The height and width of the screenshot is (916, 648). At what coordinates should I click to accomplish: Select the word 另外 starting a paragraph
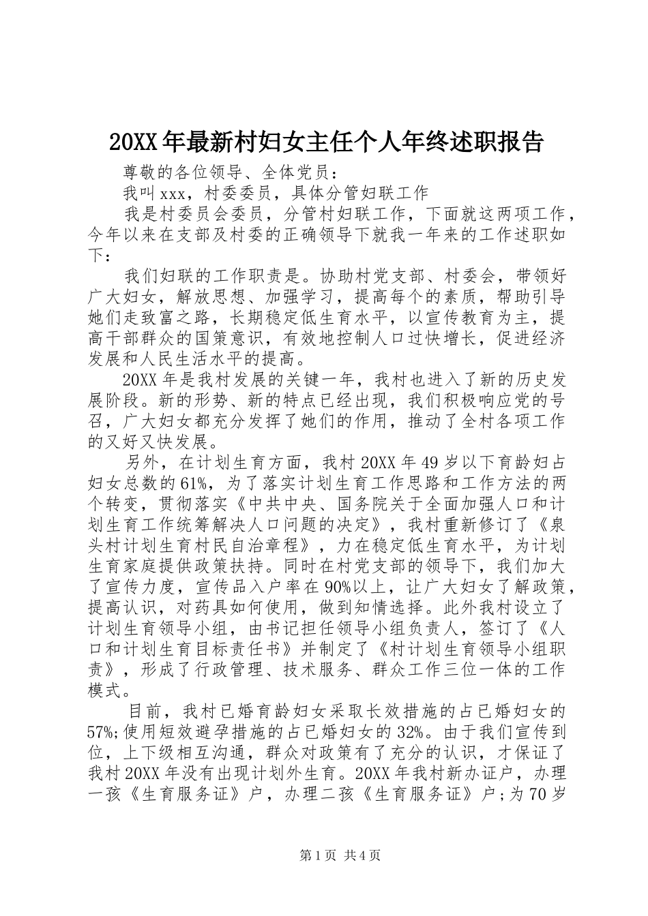145,463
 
